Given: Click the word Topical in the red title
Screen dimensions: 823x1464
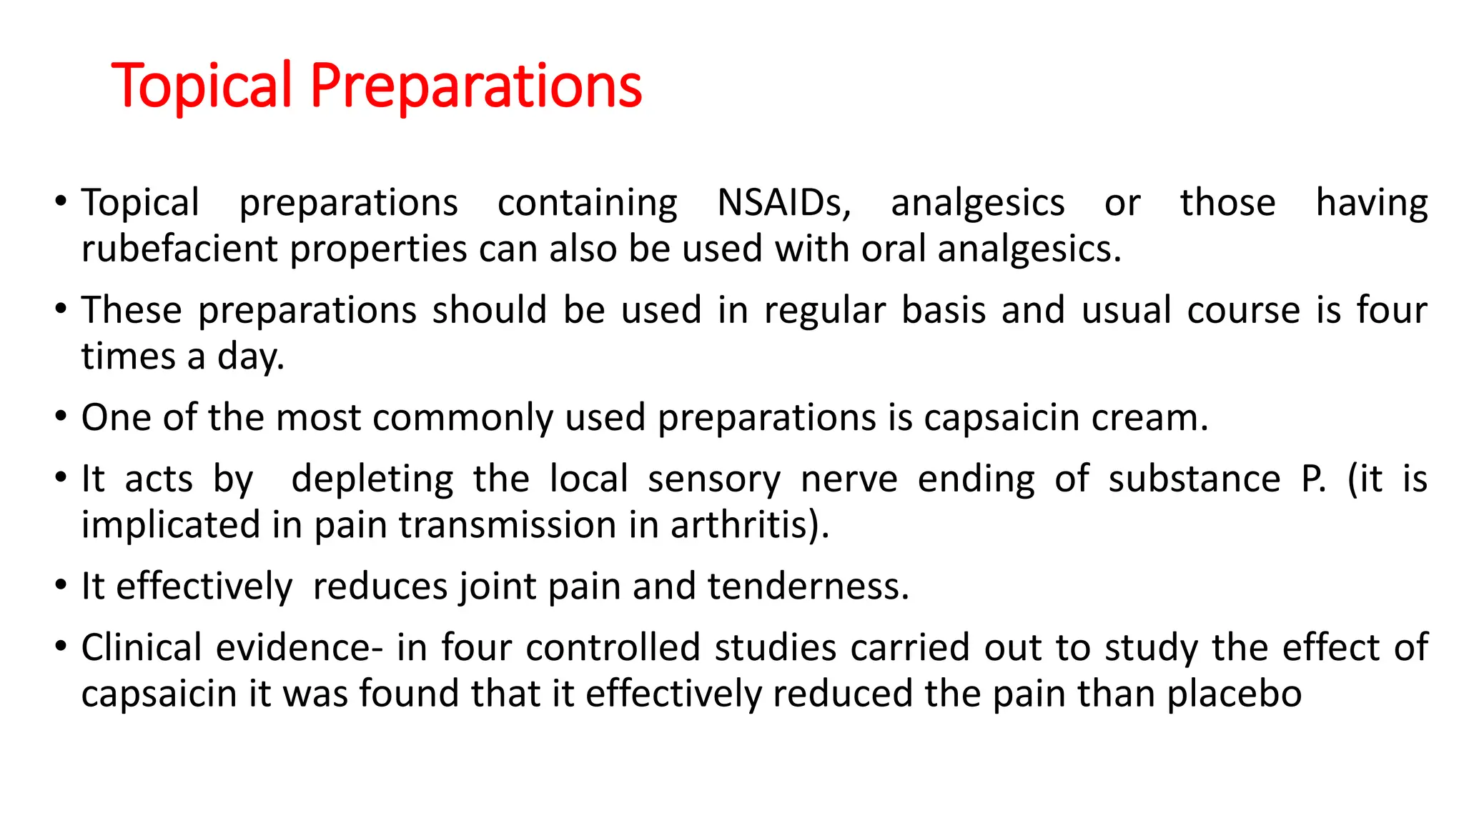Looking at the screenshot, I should point(202,86).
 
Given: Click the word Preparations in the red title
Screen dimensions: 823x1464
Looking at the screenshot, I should point(476,86).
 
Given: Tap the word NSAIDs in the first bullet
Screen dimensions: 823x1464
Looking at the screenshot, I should point(783,203).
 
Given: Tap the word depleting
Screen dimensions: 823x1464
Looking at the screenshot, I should point(372,479).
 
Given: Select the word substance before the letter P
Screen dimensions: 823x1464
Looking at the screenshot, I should point(1194,479).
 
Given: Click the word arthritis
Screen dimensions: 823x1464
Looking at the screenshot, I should point(749,526).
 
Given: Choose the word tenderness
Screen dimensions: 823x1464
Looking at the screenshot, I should point(808,587).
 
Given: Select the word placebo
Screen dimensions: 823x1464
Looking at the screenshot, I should point(1234,694).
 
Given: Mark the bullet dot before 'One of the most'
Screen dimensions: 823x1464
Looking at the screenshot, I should point(61,417).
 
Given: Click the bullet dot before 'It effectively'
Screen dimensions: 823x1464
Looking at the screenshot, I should point(61,585).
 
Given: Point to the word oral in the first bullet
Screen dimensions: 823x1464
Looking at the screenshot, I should point(894,249).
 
